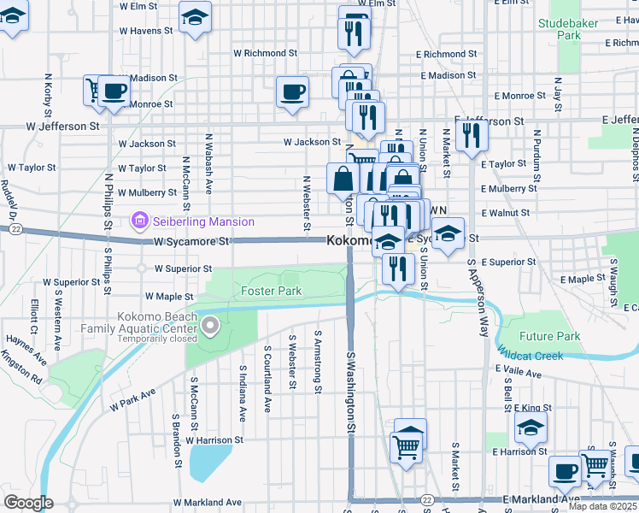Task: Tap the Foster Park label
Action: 271,292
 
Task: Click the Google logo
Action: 27,503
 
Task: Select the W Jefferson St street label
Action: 56,127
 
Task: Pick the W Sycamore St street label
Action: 192,242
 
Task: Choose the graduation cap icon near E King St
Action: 531,427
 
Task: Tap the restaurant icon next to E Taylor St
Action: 471,135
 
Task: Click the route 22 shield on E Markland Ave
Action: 428,499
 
